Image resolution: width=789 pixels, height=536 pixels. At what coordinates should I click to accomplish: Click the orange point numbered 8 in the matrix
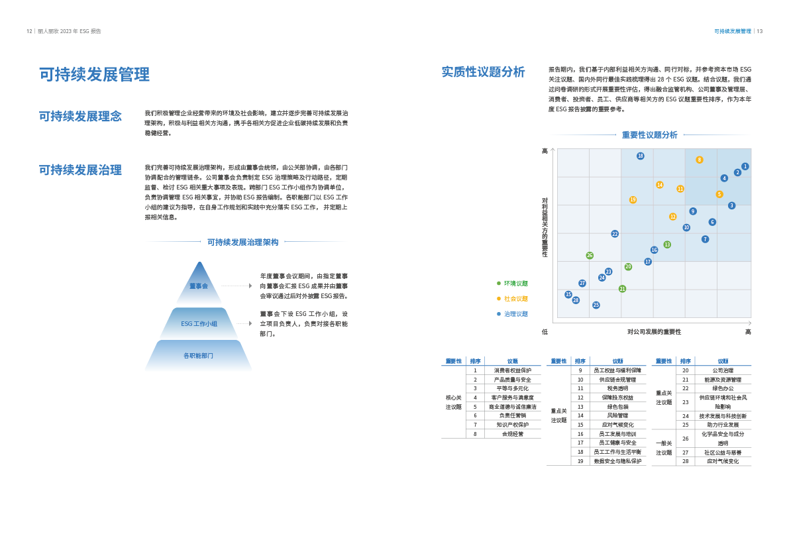699,160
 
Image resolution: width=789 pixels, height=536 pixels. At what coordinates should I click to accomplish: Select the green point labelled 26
590,255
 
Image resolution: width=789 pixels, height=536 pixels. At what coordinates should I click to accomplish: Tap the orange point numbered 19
633,199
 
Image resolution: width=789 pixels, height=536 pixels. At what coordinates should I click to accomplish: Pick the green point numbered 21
622,289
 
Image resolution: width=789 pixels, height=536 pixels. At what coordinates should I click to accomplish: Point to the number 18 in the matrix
641,156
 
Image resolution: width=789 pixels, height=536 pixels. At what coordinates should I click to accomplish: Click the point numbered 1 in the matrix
745,167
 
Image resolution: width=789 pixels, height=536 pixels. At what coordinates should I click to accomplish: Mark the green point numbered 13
667,244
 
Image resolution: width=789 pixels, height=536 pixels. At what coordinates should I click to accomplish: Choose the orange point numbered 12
672,217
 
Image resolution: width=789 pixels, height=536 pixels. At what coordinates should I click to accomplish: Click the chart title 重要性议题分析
649,135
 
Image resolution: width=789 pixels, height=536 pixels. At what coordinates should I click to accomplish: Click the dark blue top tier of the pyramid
199,285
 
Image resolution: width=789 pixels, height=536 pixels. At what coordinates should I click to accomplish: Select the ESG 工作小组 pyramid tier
199,324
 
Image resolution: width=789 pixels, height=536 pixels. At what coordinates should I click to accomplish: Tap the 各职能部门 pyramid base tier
198,356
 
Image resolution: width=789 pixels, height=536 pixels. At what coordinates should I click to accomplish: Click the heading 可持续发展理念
80,117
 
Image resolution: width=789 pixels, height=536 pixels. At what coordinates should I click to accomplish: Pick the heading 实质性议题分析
484,72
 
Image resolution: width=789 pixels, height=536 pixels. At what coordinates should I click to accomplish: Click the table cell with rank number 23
685,402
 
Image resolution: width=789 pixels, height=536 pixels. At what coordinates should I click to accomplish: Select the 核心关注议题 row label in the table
453,402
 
